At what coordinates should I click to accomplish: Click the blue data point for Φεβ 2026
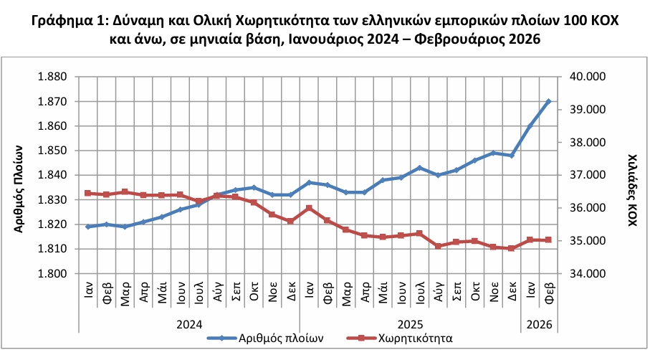coord(549,102)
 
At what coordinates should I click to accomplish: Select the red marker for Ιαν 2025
coord(309,208)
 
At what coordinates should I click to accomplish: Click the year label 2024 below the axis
coord(189,323)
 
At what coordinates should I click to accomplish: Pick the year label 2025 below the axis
coord(410,323)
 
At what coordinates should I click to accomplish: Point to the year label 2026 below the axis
coord(540,323)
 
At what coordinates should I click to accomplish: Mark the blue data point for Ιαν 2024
coord(88,227)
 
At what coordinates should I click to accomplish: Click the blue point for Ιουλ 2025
coord(419,168)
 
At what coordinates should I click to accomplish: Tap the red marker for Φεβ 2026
coord(549,240)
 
